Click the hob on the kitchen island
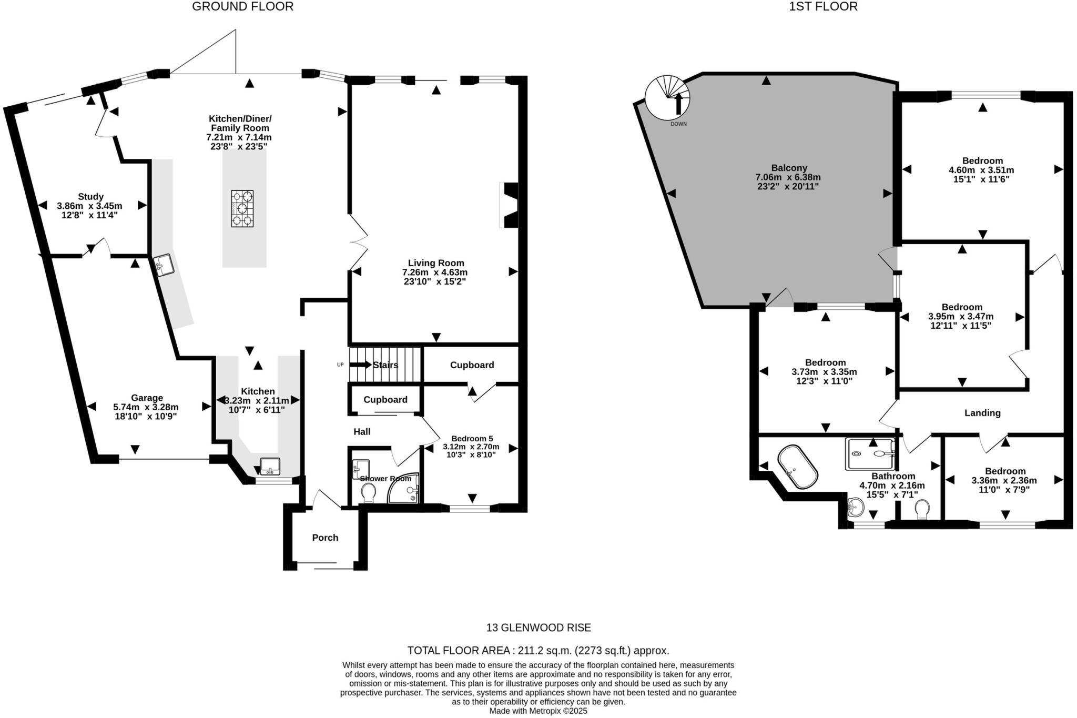click(242, 208)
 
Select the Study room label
click(90, 197)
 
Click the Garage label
click(147, 398)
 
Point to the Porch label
click(325, 538)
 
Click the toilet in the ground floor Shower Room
click(368, 492)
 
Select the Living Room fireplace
click(510, 205)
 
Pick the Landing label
click(982, 413)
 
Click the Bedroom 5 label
click(472, 438)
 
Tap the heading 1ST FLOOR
click(823, 7)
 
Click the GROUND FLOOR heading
click(242, 7)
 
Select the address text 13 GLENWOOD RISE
click(538, 628)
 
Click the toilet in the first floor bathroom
click(921, 509)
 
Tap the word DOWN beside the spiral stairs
click(678, 124)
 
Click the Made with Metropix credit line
click(538, 711)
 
